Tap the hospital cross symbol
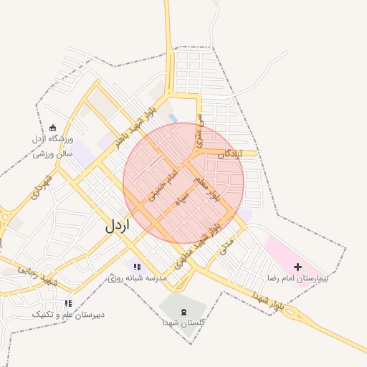[x=298, y=267]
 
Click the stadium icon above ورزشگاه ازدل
[x=53, y=128]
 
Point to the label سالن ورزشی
[x=54, y=152]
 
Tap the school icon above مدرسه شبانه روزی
[x=137, y=267]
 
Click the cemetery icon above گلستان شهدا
[x=183, y=312]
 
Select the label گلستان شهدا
[x=184, y=323]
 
